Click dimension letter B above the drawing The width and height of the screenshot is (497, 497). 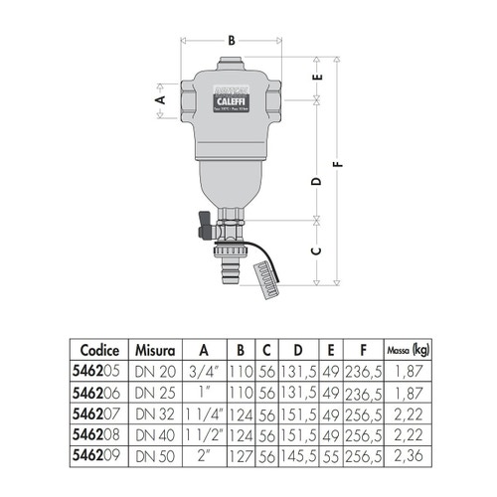231,40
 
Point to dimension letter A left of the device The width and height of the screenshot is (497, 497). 159,100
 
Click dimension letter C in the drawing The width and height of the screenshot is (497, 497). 317,250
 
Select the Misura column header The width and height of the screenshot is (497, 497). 157,350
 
